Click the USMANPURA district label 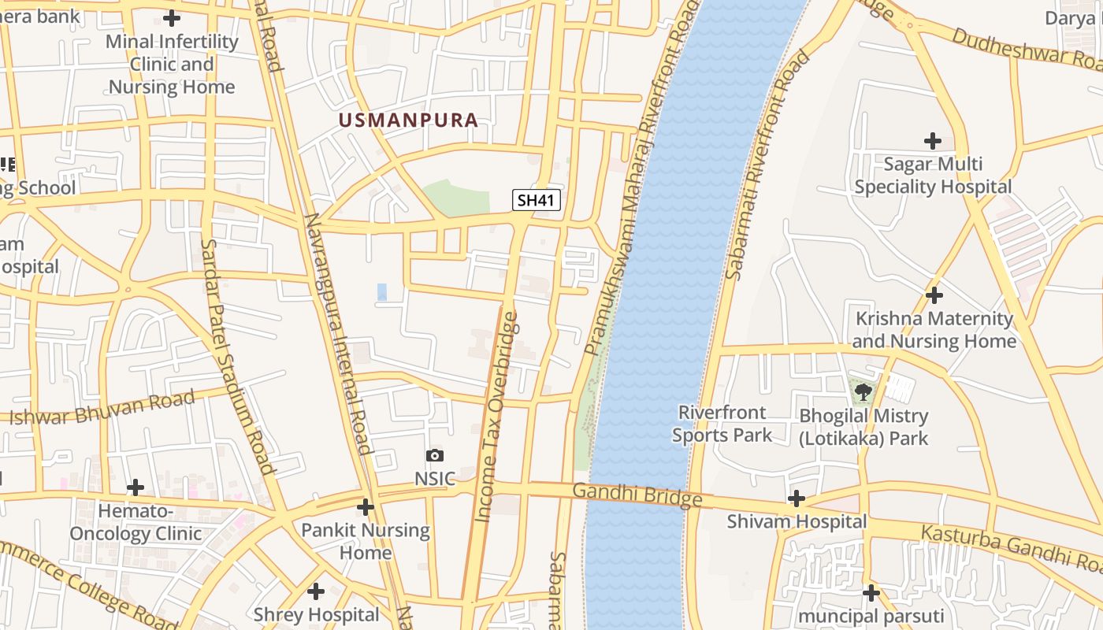tap(408, 120)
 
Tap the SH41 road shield tap(537, 200)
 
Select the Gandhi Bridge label tap(637, 495)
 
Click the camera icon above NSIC tap(434, 455)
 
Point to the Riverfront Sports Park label tap(722, 423)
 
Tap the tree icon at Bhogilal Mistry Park tap(863, 391)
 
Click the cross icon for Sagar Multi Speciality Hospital tap(933, 141)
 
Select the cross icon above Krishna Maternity tap(934, 295)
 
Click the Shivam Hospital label tap(797, 521)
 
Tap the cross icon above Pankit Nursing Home tap(365, 507)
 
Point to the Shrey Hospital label tap(316, 614)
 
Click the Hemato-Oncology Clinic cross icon tap(136, 488)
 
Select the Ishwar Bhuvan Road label tap(102, 408)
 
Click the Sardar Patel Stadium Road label tap(236, 356)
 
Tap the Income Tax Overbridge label tap(498, 417)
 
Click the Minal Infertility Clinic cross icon tap(172, 18)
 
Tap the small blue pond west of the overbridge tap(382, 292)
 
